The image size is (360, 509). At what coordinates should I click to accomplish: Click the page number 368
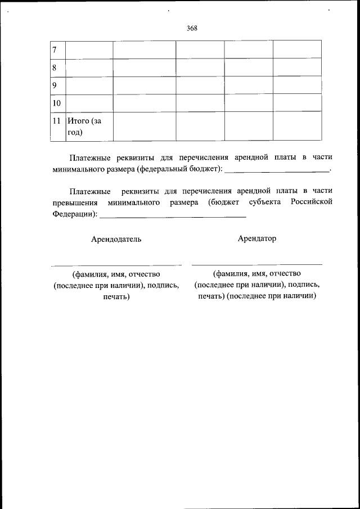192,29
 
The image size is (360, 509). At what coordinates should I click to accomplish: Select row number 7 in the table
55,50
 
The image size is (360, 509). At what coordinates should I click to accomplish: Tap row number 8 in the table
55,68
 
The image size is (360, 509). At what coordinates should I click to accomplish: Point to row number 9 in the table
55,86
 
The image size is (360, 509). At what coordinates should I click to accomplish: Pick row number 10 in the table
56,103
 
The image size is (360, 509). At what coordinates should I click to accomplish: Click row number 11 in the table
56,120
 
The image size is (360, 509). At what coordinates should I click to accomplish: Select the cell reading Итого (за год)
81,127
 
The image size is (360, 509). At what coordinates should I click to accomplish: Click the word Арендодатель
116,239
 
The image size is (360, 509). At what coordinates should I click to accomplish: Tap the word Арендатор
257,238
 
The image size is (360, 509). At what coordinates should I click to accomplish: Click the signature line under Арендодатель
116,264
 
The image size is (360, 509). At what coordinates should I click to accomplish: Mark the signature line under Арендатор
257,264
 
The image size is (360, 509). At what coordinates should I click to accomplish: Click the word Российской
311,202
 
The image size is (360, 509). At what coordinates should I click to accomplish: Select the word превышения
75,202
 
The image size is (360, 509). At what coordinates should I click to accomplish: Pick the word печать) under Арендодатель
116,296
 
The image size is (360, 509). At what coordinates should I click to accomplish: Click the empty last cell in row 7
297,49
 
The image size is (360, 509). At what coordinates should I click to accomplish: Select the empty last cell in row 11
297,126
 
